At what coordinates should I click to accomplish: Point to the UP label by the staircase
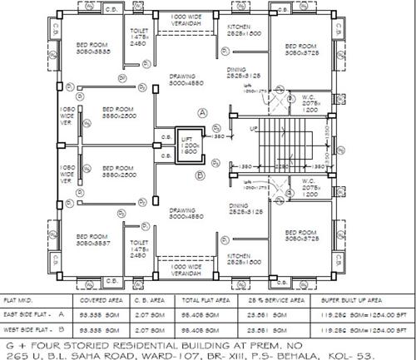(x=254, y=130)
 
